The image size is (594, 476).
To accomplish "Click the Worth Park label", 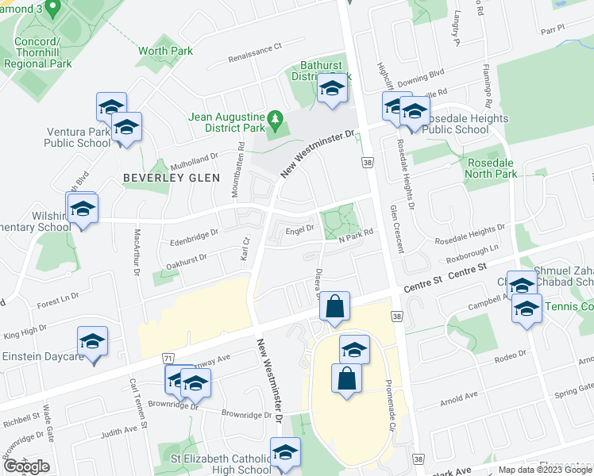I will pyautogui.click(x=165, y=52).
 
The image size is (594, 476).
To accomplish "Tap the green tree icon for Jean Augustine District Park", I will pyautogui.click(x=276, y=121).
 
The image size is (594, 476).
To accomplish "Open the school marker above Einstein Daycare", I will pyautogui.click(x=93, y=342).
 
